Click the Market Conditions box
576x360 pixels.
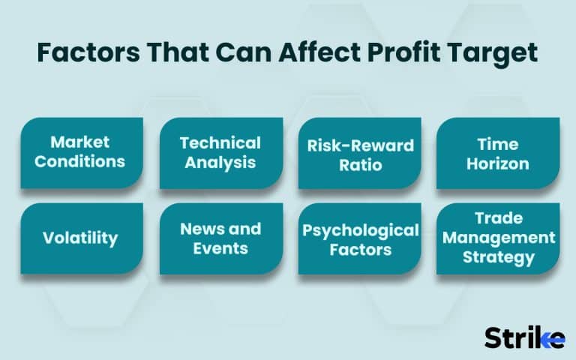82,152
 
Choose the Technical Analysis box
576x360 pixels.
221,152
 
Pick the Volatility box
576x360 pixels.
82,238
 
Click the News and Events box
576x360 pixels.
221,238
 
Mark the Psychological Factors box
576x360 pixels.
360,238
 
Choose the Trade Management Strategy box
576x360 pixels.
498,238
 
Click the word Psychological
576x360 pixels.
360,229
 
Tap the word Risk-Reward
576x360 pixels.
360,144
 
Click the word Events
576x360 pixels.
221,248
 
